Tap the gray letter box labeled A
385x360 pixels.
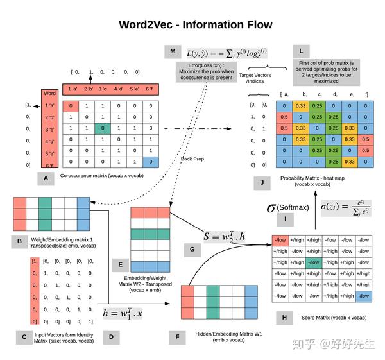pos(45,178)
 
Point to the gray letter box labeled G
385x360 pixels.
pos(191,248)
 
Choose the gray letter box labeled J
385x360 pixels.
pos(262,184)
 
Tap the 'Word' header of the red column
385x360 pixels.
pos(49,94)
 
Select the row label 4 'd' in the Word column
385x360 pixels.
pos(49,141)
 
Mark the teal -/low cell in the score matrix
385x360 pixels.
pos(313,262)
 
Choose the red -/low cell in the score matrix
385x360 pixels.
pos(280,241)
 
